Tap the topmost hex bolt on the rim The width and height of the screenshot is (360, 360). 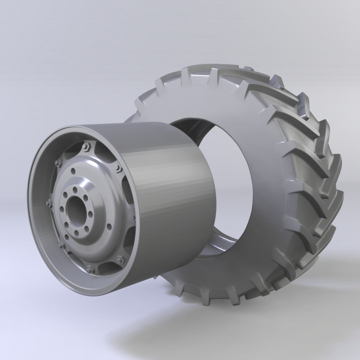(86, 146)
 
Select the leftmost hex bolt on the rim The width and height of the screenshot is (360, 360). (49, 203)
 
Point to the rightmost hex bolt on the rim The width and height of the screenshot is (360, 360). (132, 218)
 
